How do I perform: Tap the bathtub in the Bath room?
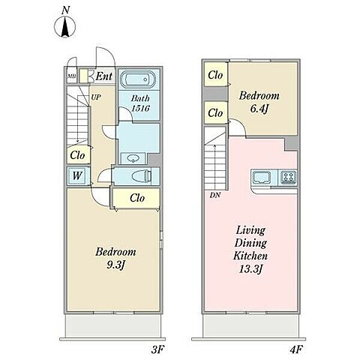(138, 79)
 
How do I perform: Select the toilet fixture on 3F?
(142, 175)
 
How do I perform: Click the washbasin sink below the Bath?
(132, 158)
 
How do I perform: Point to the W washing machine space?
(77, 175)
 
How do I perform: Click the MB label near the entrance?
(71, 76)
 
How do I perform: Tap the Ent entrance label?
(103, 76)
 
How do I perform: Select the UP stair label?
(96, 97)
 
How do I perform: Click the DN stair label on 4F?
(215, 195)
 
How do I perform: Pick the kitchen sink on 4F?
(262, 177)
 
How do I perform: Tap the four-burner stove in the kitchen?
(289, 177)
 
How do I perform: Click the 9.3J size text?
(115, 265)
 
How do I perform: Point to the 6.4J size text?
(259, 109)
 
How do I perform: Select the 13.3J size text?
(250, 269)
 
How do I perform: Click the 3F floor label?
(157, 349)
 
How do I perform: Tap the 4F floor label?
(296, 349)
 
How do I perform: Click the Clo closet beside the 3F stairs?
(77, 155)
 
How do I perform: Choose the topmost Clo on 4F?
(215, 75)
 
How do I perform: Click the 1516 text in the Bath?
(140, 108)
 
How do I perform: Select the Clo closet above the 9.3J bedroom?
(137, 198)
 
